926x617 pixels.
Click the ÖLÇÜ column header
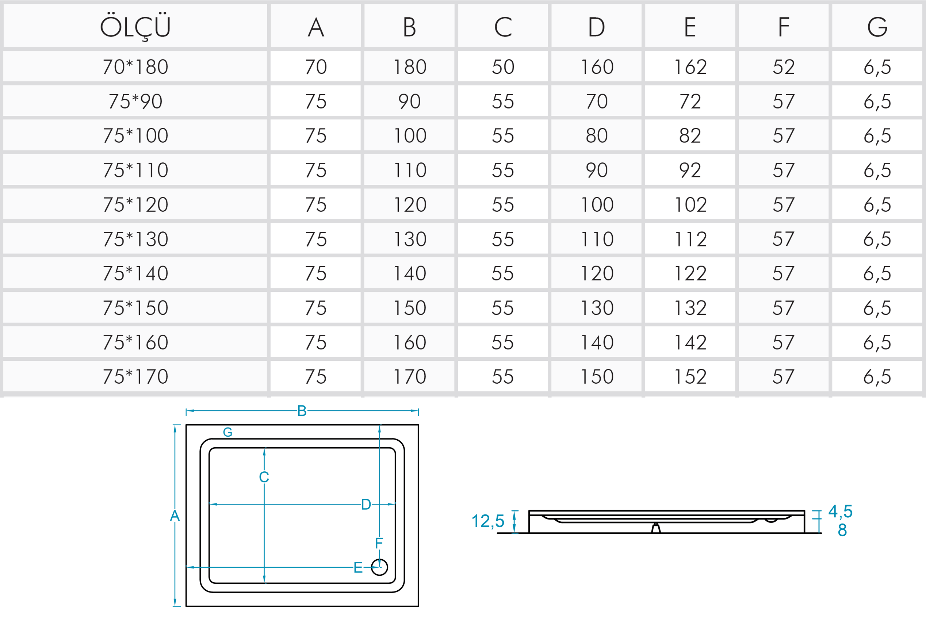[135, 27]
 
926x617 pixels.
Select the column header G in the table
[877, 27]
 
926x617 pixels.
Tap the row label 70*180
[135, 66]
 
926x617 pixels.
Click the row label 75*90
[135, 101]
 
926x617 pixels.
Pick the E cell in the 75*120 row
[690, 204]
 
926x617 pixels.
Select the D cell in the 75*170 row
[597, 376]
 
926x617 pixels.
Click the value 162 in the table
[690, 66]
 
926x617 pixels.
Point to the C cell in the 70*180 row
[503, 66]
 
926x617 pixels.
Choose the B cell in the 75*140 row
[410, 273]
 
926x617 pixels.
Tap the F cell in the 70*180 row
[784, 66]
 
